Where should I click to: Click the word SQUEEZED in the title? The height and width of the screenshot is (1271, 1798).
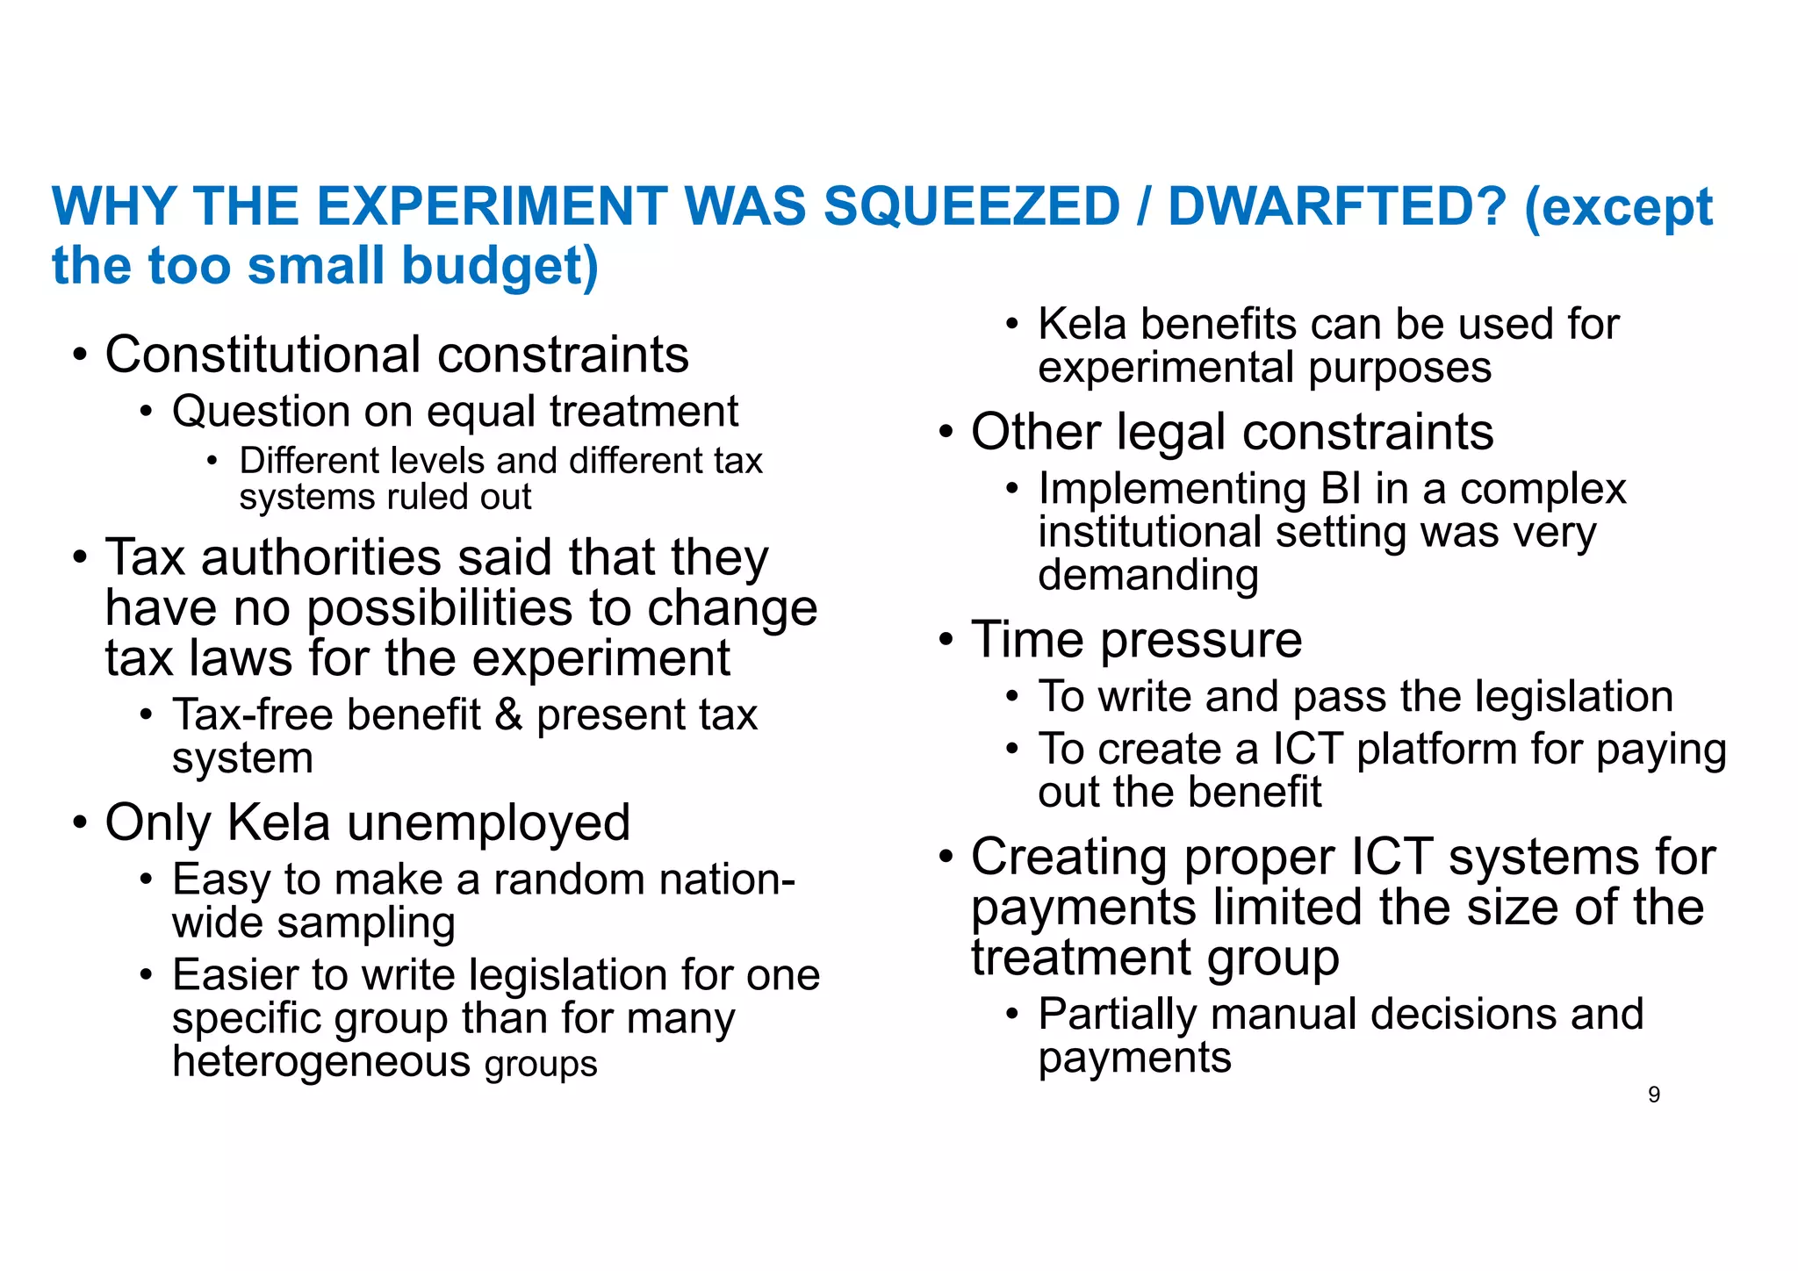pyautogui.click(x=971, y=207)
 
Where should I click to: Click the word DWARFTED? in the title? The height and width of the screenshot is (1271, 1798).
pyautogui.click(x=1336, y=207)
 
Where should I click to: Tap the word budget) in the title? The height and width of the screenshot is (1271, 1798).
pyautogui.click(x=500, y=266)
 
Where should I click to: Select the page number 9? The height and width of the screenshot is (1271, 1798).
pyautogui.click(x=1654, y=1095)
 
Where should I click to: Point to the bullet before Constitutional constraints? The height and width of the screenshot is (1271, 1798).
pyautogui.click(x=80, y=356)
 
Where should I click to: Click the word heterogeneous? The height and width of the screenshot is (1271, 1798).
pyautogui.click(x=322, y=1061)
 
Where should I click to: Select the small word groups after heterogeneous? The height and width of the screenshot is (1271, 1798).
pyautogui.click(x=541, y=1064)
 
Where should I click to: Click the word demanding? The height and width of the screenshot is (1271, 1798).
pyautogui.click(x=1148, y=576)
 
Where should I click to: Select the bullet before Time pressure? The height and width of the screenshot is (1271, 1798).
pyautogui.click(x=946, y=640)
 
